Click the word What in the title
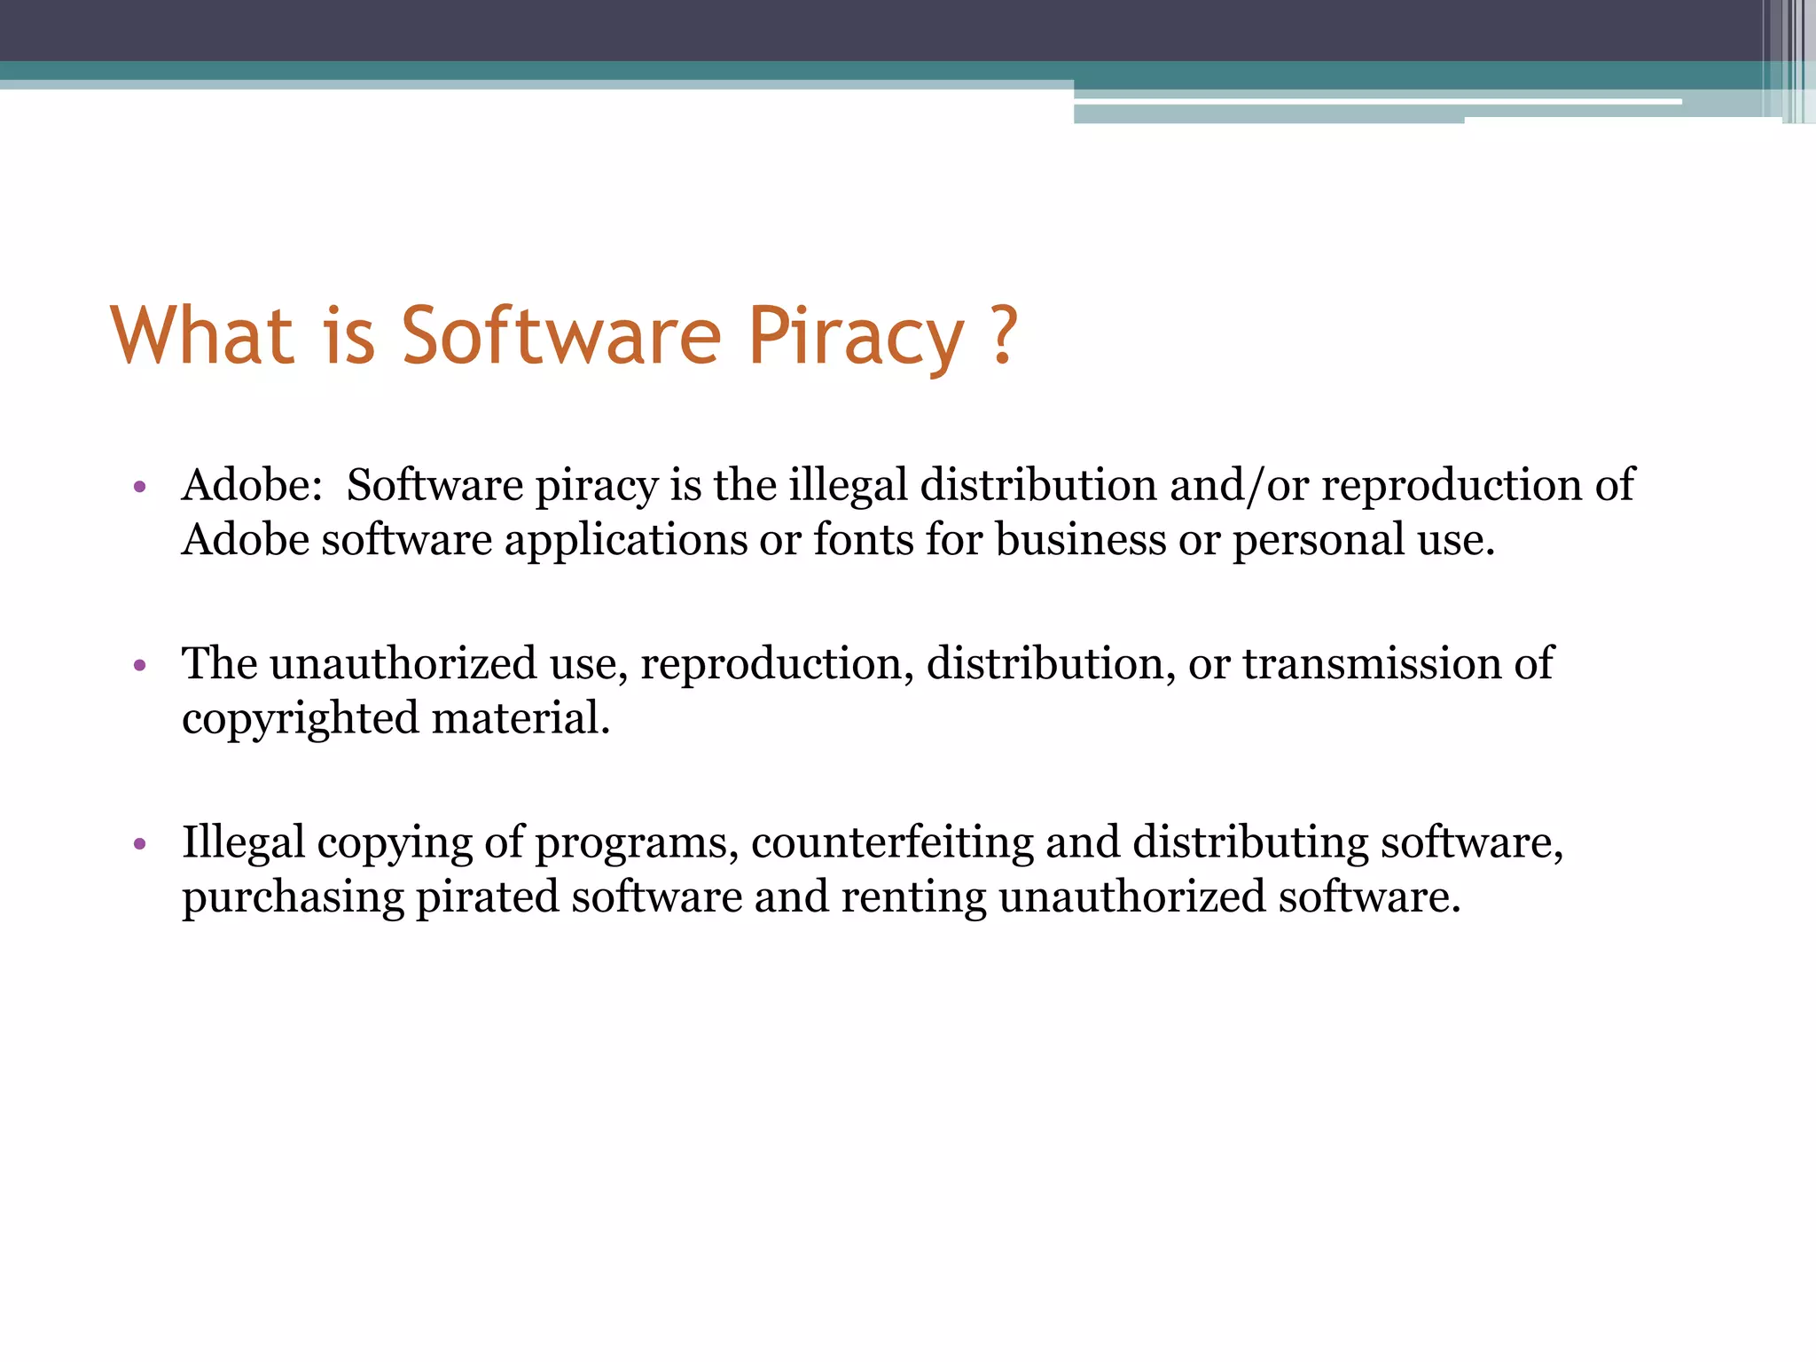point(202,336)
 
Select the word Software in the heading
point(561,336)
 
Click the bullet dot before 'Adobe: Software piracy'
point(139,486)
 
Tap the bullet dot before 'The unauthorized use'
point(139,664)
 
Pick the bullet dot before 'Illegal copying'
point(139,843)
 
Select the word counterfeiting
point(892,843)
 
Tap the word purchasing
point(293,898)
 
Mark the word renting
point(913,898)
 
